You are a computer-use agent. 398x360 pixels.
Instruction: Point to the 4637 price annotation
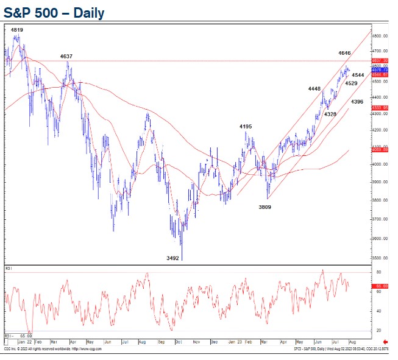click(66, 57)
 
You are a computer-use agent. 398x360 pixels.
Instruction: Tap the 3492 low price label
click(173, 258)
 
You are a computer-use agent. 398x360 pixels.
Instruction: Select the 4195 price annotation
click(246, 127)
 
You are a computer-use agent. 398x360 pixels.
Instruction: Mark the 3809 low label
click(265, 207)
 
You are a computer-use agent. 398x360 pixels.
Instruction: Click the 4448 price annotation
click(314, 89)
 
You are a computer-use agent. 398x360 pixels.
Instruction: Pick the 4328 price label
click(330, 114)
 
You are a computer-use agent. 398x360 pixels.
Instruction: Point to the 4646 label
click(345, 54)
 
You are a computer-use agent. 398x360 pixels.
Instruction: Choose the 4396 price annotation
click(358, 102)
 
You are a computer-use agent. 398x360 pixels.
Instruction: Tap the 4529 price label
click(350, 83)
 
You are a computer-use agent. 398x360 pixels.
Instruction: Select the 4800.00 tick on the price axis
click(380, 36)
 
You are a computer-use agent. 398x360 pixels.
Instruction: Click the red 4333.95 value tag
click(380, 107)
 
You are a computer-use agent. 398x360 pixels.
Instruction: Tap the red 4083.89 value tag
click(380, 149)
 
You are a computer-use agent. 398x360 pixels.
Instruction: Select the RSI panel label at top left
click(9, 267)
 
